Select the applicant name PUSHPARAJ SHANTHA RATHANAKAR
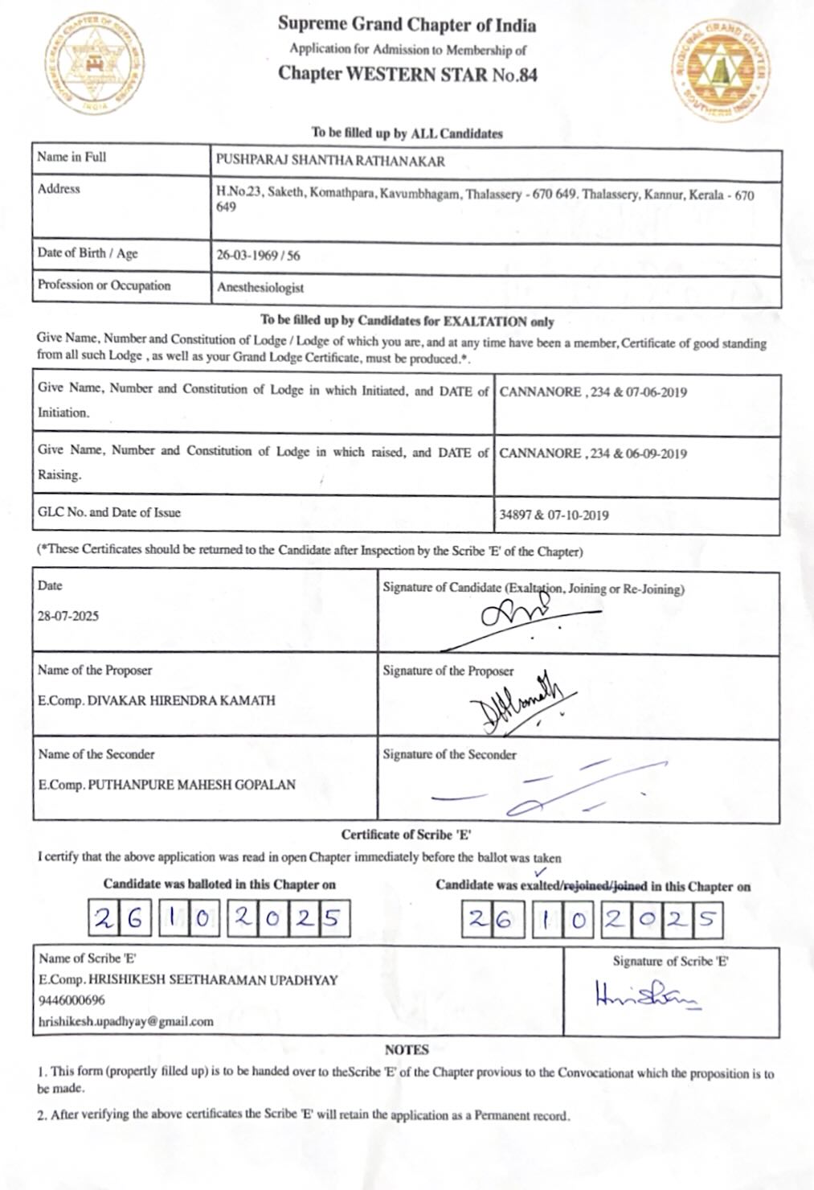pyautogui.click(x=330, y=161)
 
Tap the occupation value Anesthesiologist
pyautogui.click(x=260, y=287)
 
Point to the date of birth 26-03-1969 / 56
pyautogui.click(x=258, y=256)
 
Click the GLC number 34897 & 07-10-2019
pyautogui.click(x=554, y=515)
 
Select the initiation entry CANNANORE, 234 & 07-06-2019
pyautogui.click(x=593, y=392)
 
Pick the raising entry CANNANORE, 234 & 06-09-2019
pyautogui.click(x=593, y=453)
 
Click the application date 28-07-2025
pyautogui.click(x=68, y=617)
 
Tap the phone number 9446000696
pyautogui.click(x=72, y=1001)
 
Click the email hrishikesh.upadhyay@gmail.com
pyautogui.click(x=126, y=1022)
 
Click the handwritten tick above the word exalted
pyautogui.click(x=540, y=870)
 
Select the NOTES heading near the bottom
pyautogui.click(x=407, y=1049)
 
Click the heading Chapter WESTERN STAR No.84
pyautogui.click(x=407, y=75)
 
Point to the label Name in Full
pyautogui.click(x=72, y=157)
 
